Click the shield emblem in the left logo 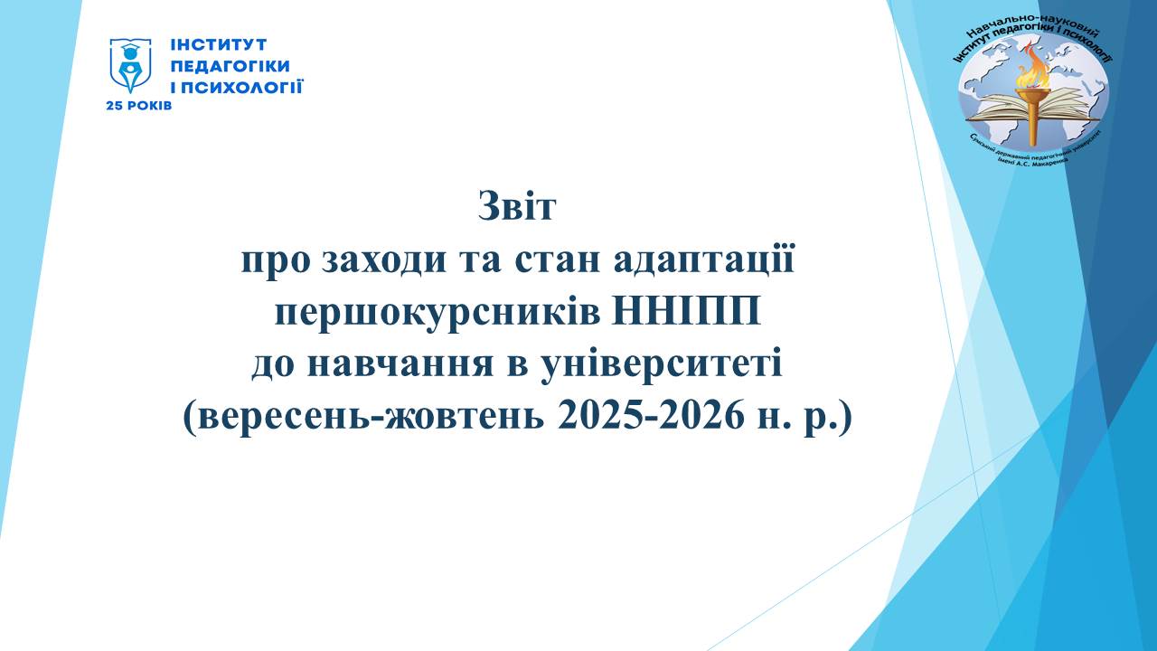pos(130,65)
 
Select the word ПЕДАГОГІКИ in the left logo pos(230,66)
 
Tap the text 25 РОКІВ pos(139,106)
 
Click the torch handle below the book pos(1035,131)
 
